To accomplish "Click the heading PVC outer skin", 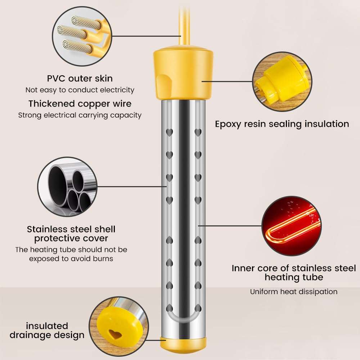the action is (x=80, y=78).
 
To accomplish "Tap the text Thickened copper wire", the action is (x=80, y=104).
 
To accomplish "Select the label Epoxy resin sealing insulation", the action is (x=282, y=124).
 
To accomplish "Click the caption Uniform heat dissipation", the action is (x=294, y=292).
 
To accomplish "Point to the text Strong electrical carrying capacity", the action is (x=80, y=115).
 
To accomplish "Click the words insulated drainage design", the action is (x=47, y=330).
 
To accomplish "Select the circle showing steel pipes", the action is (x=67, y=186).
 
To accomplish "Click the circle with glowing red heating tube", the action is (x=291, y=226).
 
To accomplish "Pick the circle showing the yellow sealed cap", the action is (x=282, y=81).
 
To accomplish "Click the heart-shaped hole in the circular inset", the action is (x=115, y=334).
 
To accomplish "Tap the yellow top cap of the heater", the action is (x=183, y=74).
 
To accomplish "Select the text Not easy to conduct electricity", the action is (x=80, y=90).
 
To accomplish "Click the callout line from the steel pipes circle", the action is (x=131, y=186).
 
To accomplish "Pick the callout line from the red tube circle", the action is (x=230, y=226).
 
